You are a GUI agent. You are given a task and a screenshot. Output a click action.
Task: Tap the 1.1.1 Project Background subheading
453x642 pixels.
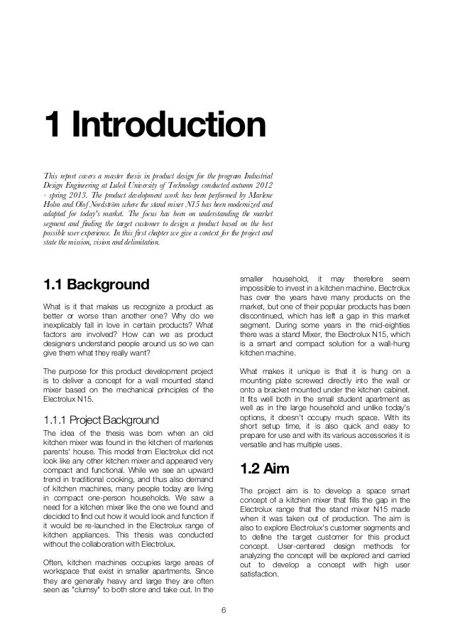(x=100, y=418)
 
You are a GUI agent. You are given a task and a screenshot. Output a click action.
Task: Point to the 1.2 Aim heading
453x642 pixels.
(x=269, y=471)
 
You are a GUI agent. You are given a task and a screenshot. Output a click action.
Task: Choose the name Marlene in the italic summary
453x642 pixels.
(x=259, y=198)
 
